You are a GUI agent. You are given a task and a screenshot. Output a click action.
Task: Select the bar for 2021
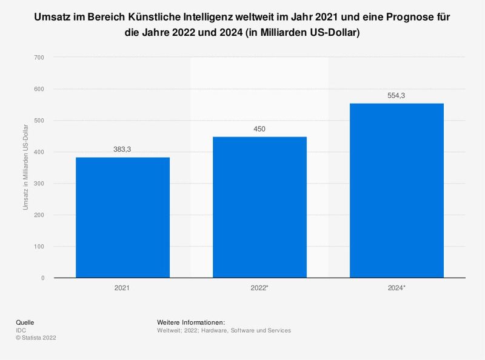tap(122, 218)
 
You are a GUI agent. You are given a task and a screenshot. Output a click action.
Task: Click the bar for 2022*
tap(259, 207)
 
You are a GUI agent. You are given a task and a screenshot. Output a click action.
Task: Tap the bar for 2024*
tap(396, 190)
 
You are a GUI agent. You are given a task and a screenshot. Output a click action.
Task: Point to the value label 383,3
tap(122, 149)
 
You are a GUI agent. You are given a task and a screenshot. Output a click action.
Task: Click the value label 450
tap(259, 128)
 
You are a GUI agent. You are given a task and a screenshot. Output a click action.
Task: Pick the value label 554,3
tap(396, 95)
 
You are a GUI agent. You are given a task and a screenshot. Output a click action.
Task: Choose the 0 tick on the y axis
tap(42, 278)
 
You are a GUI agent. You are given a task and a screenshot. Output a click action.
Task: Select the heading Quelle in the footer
tap(25, 322)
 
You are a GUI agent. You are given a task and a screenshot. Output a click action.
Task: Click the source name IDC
tap(21, 330)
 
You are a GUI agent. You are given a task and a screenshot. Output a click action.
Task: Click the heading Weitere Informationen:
tap(191, 322)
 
